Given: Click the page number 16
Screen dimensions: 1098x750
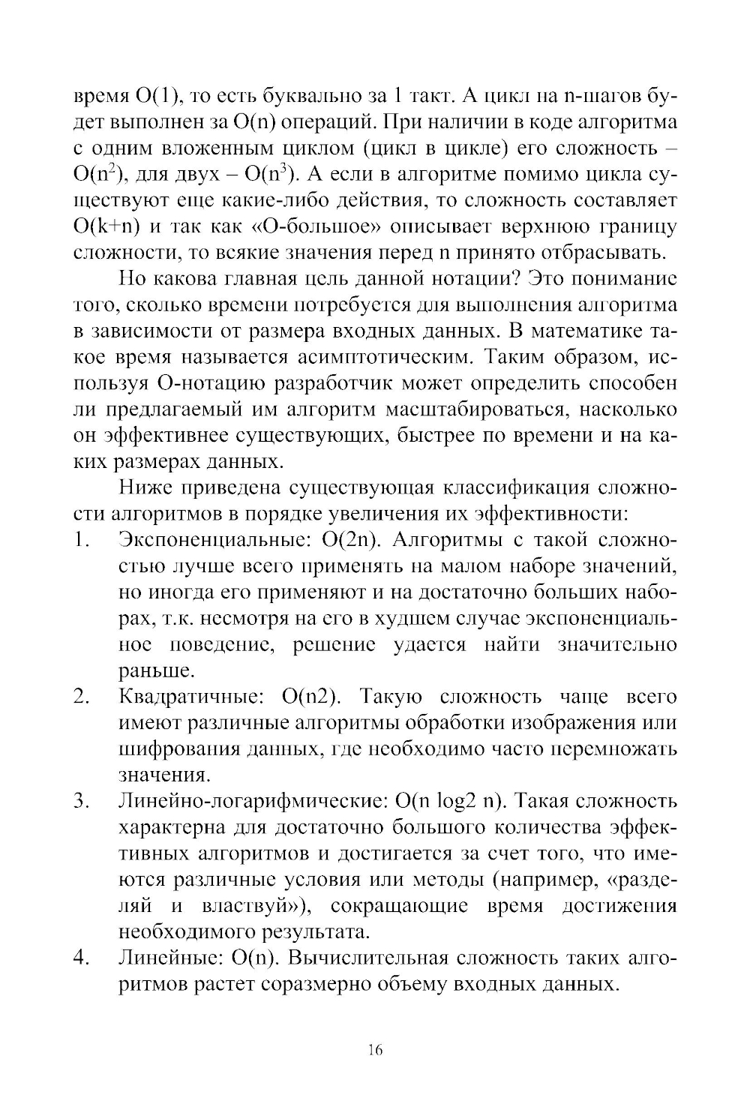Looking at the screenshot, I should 376,1050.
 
